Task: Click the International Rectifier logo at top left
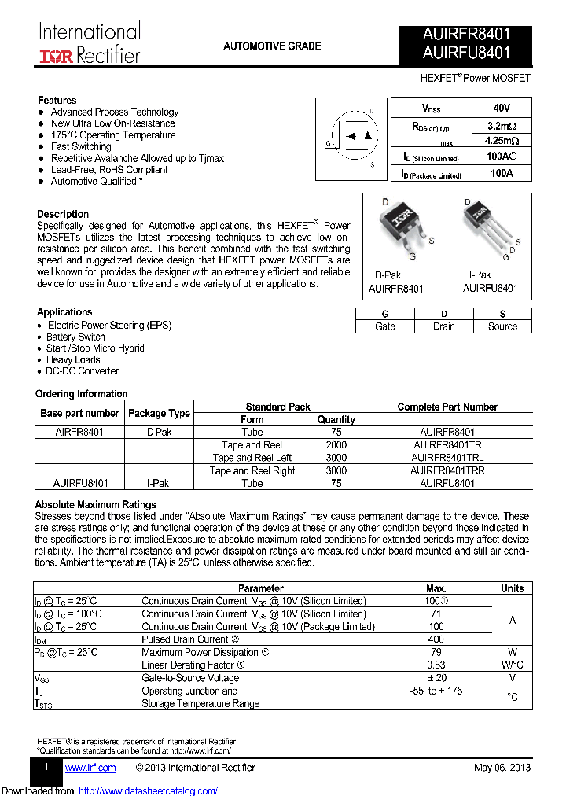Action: coord(90,43)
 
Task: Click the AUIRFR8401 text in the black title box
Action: coord(466,35)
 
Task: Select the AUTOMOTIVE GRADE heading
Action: coord(272,46)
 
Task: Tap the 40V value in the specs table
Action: coord(501,108)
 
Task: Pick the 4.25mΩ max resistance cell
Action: coord(501,142)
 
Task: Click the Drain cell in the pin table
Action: coord(443,326)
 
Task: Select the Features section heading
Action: coord(57,100)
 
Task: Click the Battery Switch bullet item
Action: coord(75,337)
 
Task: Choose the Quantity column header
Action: coord(336,420)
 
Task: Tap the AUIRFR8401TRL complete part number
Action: coord(447,458)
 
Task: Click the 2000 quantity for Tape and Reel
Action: coord(336,445)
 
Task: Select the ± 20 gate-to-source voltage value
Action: coord(436,678)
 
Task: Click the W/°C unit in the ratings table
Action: coord(512,665)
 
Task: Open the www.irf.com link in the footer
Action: coord(90,768)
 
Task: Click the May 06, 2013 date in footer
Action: coord(502,768)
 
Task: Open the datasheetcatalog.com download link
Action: coord(149,790)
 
